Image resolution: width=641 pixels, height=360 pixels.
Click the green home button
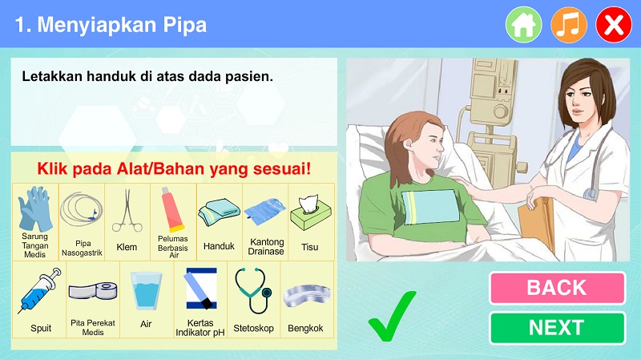coord(524,25)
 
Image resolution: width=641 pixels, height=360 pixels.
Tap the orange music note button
coord(569,25)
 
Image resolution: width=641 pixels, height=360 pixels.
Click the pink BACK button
coord(557,288)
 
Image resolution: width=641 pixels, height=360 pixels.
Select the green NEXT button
coord(557,328)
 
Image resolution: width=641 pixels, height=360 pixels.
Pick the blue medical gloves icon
coord(35,208)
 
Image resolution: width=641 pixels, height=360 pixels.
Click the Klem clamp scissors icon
coord(127,210)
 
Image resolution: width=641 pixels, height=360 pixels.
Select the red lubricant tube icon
coord(172,209)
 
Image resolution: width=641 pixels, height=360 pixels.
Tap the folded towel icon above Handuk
coord(219,212)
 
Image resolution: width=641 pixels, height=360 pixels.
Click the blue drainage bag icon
coord(265,211)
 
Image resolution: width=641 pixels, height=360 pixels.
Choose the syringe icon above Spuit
coord(39,290)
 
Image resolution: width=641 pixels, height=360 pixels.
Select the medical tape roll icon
coord(93,292)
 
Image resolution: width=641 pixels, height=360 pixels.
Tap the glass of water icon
coord(146,291)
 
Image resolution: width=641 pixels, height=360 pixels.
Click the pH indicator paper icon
coord(201,289)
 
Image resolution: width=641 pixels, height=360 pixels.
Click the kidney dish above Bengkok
coord(307,295)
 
